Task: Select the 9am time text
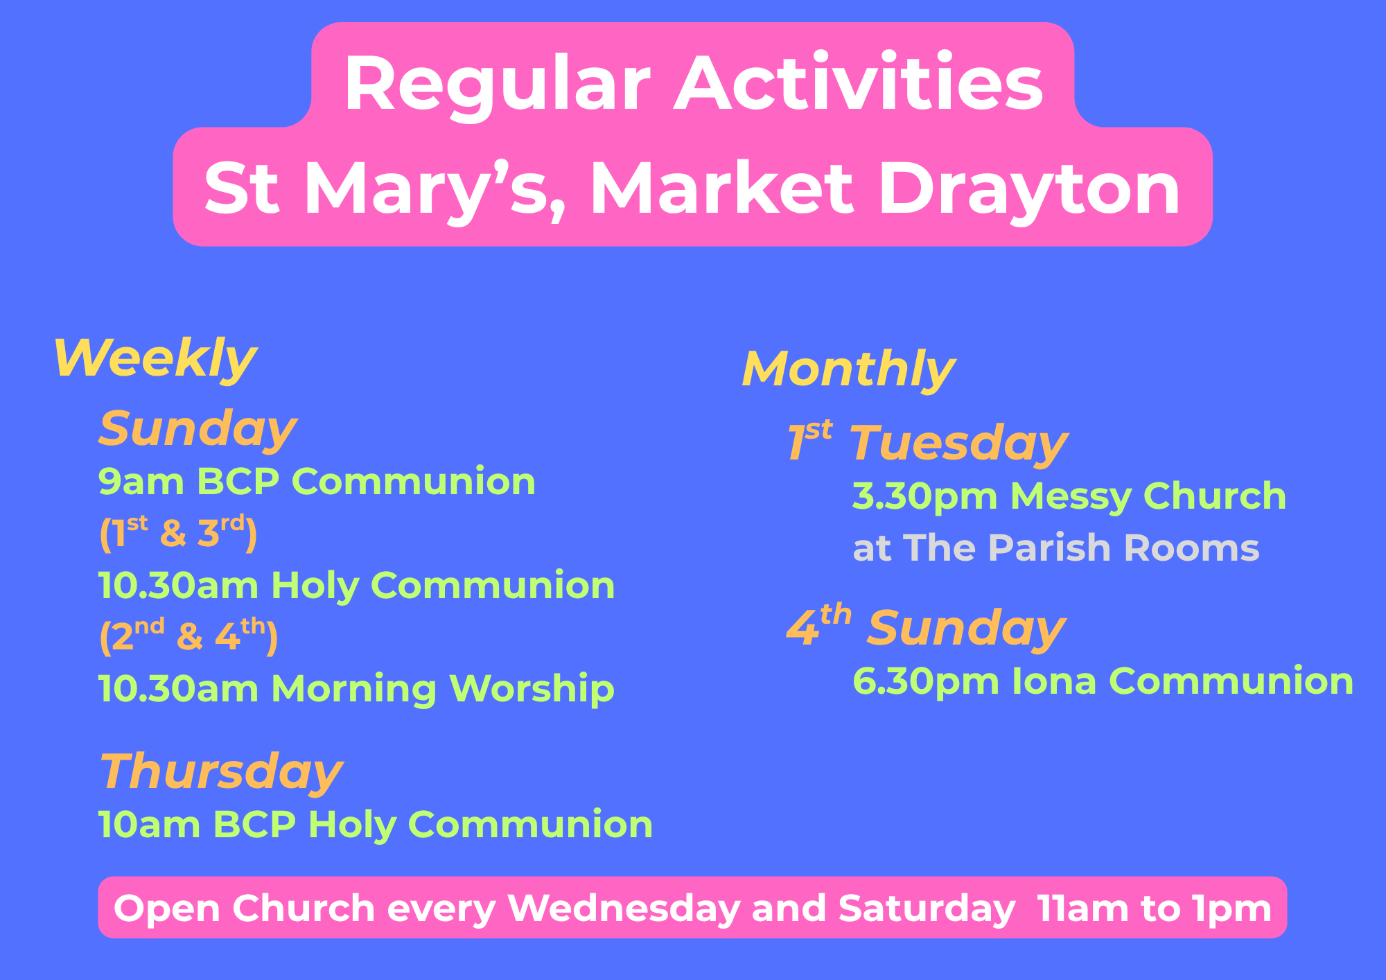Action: pyautogui.click(x=141, y=481)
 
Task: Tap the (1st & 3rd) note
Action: pyautogui.click(x=178, y=533)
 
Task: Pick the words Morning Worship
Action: pyautogui.click(x=444, y=689)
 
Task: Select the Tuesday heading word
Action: pyautogui.click(x=959, y=444)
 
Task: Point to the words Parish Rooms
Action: pyautogui.click(x=1123, y=548)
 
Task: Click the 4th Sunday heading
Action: pyautogui.click(x=926, y=627)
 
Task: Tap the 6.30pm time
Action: pyautogui.click(x=926, y=682)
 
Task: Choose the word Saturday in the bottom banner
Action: pyautogui.click(x=927, y=909)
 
